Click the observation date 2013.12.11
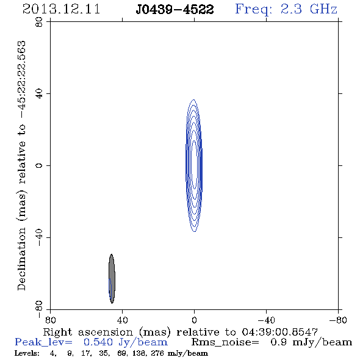tap(61, 9)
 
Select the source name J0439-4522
tap(175, 9)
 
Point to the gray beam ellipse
tap(112, 279)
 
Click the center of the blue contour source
tap(194, 165)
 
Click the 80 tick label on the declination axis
tap(39, 22)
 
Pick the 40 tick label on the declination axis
tap(39, 94)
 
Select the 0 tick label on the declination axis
tap(39, 165)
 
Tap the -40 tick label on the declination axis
tap(39, 237)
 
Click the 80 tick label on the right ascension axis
tap(50, 320)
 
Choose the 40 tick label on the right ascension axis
tap(122, 320)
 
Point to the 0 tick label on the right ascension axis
tap(194, 320)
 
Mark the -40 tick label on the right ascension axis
tap(266, 320)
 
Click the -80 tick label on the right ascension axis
tap(338, 320)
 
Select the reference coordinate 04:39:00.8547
tap(280, 332)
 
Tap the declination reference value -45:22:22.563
tap(22, 80)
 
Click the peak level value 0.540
tap(98, 342)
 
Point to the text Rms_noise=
tap(225, 342)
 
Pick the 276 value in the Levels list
tap(159, 353)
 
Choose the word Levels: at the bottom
tap(27, 353)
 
